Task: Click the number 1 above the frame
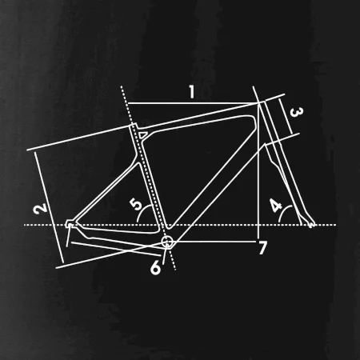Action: [x=192, y=92]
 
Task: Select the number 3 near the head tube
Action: [x=296, y=112]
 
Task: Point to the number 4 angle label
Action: [x=276, y=205]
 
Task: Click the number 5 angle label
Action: [x=136, y=204]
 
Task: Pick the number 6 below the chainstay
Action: [x=156, y=267]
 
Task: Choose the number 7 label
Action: [x=262, y=248]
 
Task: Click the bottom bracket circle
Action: [x=167, y=242]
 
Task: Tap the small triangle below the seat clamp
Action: [x=142, y=135]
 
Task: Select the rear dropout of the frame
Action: [x=70, y=224]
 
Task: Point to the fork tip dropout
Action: [x=311, y=224]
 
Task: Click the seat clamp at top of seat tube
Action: [x=134, y=126]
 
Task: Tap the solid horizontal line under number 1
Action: [x=193, y=103]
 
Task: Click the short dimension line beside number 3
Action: [x=286, y=117]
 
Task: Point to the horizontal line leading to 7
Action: [x=214, y=242]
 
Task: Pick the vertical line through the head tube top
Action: [x=258, y=170]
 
